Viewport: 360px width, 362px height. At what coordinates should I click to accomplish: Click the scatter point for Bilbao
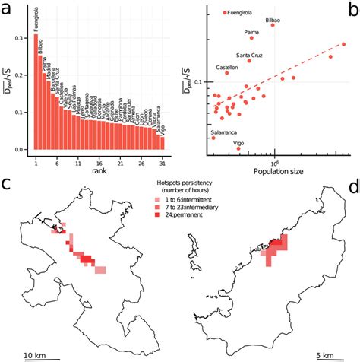[x=273, y=25]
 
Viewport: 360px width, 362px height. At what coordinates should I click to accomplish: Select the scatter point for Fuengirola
[x=224, y=13]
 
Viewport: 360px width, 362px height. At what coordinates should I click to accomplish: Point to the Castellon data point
[x=226, y=73]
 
